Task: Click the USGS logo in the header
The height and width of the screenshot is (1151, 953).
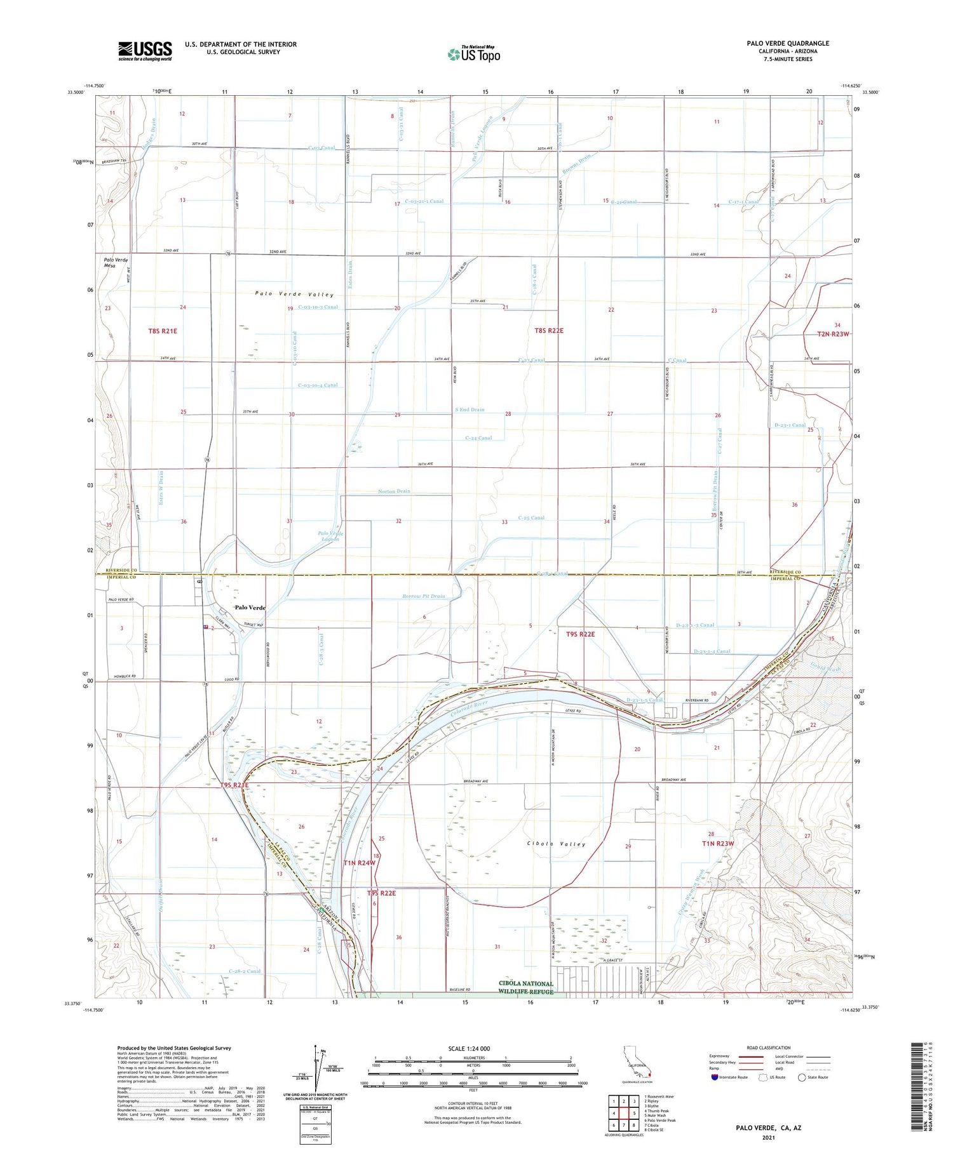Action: tap(145, 51)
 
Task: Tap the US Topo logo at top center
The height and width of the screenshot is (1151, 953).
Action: tap(474, 54)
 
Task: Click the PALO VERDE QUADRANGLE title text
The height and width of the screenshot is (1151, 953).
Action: tap(788, 43)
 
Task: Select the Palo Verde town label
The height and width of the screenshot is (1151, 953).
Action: tap(250, 608)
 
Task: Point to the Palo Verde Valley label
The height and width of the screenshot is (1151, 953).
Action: tap(294, 295)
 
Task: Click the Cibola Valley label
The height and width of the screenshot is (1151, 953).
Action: tap(555, 844)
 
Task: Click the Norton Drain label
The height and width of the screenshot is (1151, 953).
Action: tap(395, 491)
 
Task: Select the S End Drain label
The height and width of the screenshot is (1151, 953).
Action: tap(470, 409)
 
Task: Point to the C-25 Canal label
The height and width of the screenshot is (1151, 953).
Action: tap(531, 517)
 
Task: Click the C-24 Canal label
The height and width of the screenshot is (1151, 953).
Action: tap(478, 438)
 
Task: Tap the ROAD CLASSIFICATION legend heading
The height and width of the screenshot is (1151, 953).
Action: tap(769, 1048)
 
